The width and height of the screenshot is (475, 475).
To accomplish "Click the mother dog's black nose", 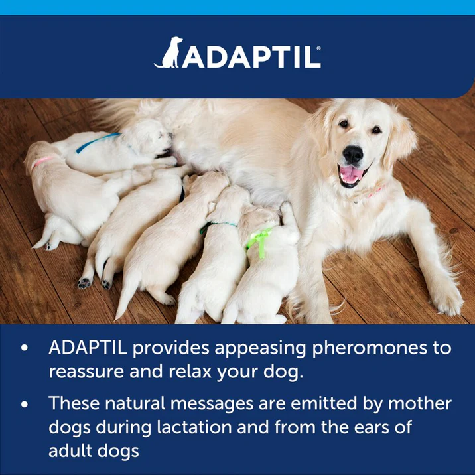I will [352, 154].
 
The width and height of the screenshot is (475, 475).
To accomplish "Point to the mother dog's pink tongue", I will [350, 175].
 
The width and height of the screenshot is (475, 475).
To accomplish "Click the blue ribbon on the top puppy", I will [98, 141].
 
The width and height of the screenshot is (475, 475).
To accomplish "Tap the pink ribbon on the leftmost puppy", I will [43, 161].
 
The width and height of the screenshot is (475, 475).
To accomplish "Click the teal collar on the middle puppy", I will [219, 225].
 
